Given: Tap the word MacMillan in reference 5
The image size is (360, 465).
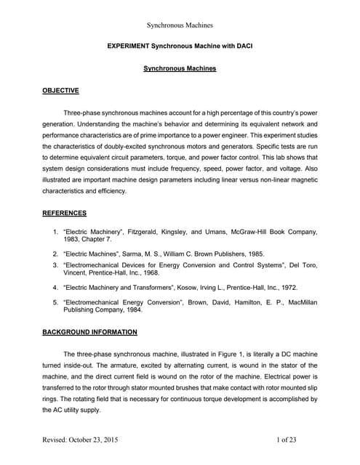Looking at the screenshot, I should [x=300, y=299].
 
